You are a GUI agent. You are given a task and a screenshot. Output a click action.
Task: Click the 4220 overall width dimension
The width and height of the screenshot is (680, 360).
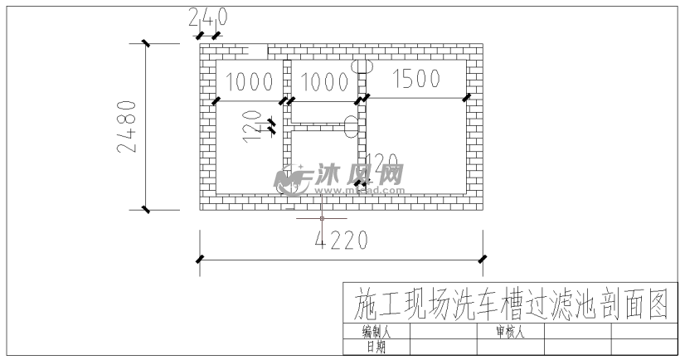point(342,240)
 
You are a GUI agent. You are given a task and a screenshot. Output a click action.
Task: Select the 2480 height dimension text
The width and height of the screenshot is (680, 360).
point(127,127)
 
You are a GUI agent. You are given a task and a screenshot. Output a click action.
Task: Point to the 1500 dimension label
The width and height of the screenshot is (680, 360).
point(415,80)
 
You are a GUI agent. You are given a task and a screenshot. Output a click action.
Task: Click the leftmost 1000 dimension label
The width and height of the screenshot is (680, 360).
point(249,82)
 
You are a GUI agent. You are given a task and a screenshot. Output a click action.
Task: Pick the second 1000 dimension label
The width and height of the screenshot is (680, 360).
point(323,82)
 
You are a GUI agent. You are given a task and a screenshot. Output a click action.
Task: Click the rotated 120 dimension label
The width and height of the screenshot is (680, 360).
point(251,125)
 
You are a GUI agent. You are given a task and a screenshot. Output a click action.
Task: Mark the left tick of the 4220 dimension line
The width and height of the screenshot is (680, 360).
point(199,260)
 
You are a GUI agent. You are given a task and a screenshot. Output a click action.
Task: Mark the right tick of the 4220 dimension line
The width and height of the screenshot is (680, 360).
point(483,260)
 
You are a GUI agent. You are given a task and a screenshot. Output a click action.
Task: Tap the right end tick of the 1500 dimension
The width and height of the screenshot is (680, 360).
point(467,98)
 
